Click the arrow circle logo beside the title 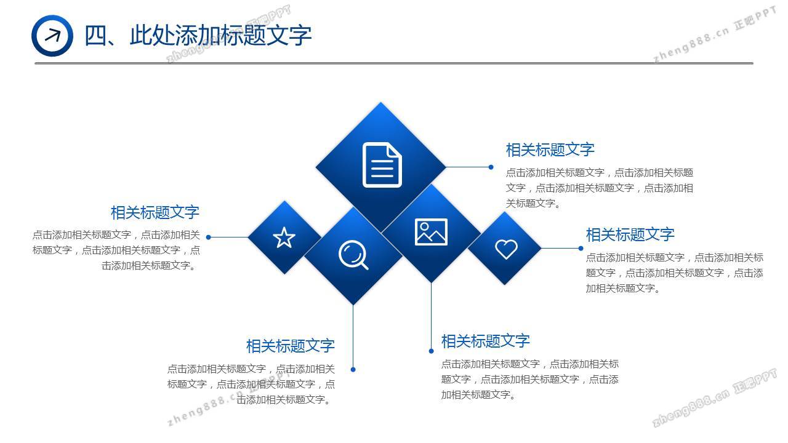point(52,36)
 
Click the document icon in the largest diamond point(382,164)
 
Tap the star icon point(284,237)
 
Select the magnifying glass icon point(353,255)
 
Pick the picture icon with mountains point(432,232)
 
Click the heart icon point(506,249)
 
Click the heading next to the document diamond point(550,150)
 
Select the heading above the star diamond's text point(155,212)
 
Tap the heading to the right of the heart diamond point(630,234)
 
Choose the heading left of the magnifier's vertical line point(291,346)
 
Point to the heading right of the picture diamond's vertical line point(486,341)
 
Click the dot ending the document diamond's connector point(491,167)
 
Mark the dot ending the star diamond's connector point(208,237)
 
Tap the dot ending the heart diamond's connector point(581,248)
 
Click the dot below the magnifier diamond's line point(353,370)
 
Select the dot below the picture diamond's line point(432,351)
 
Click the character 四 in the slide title point(95,36)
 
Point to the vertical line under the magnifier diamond point(353,336)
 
